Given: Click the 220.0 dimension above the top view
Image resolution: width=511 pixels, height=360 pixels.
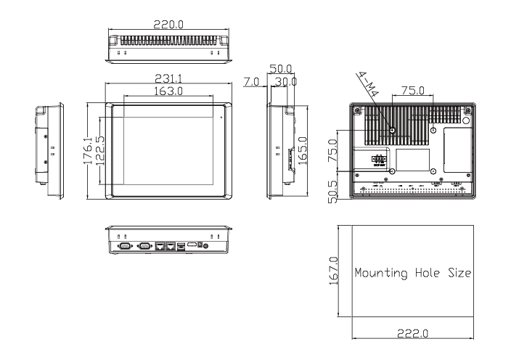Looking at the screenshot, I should click(x=168, y=24).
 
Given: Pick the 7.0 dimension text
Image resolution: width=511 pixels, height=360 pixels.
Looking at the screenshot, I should click(x=252, y=83).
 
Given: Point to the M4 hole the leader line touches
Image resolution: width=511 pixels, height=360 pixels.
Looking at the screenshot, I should click(x=393, y=130).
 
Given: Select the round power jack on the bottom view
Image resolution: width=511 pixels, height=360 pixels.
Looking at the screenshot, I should click(x=209, y=247).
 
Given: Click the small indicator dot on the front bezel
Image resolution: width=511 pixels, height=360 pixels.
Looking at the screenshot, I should click(x=221, y=116).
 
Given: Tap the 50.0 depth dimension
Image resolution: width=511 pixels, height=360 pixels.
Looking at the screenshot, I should click(x=280, y=68).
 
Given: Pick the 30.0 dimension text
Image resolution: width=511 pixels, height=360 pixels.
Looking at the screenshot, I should click(x=285, y=83).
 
